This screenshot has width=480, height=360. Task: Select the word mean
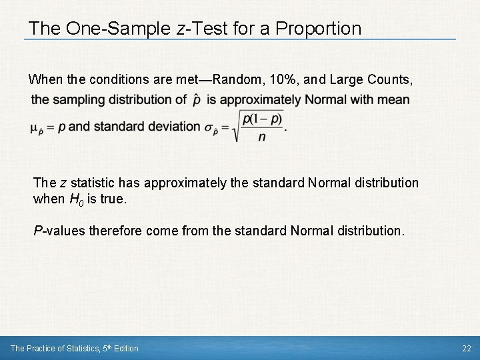click(x=395, y=100)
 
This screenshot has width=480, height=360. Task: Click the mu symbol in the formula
click(x=35, y=128)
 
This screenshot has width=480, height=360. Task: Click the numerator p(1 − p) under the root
click(x=263, y=119)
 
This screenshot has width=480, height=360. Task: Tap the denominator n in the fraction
click(x=262, y=137)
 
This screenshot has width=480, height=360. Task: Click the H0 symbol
click(x=77, y=199)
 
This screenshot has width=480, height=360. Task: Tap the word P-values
click(x=60, y=231)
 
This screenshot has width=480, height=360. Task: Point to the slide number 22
click(x=466, y=348)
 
